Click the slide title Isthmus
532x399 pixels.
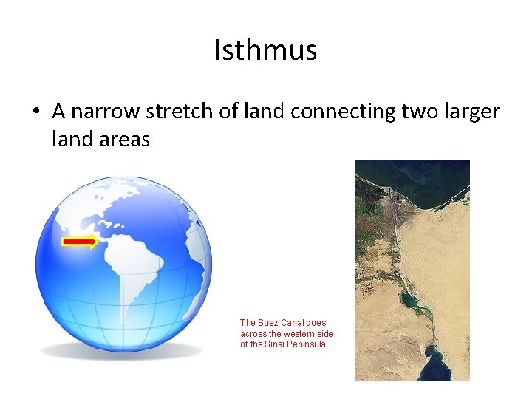pyautogui.click(x=265, y=50)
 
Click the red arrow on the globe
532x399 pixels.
pyautogui.click(x=79, y=242)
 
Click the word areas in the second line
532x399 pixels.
pyautogui.click(x=123, y=138)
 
